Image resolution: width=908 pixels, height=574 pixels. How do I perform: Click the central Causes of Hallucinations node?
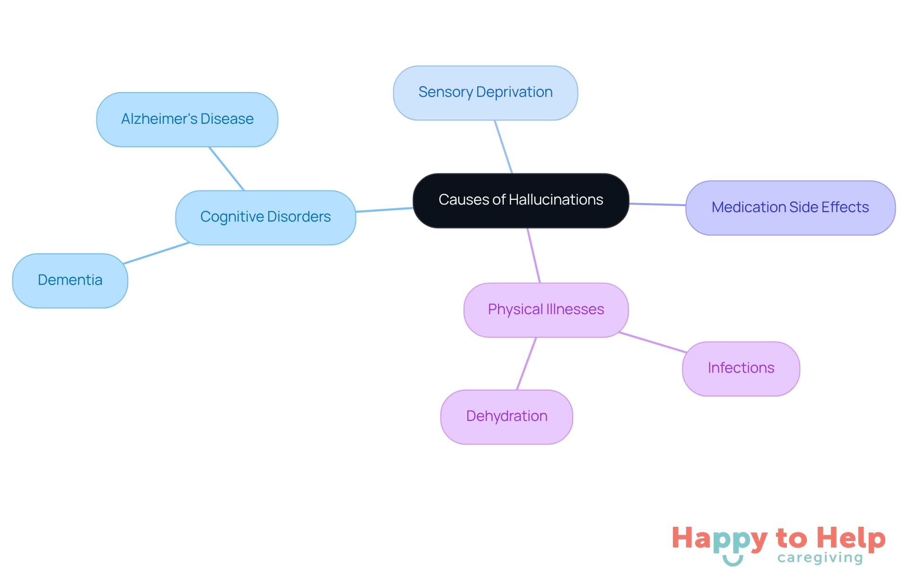click(x=521, y=200)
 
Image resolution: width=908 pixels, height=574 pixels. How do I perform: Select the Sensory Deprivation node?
click(x=485, y=93)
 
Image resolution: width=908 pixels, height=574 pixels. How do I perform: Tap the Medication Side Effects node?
click(x=790, y=207)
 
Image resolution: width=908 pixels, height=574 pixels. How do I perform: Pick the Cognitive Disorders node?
click(x=265, y=217)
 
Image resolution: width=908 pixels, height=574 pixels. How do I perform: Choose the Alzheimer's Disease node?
click(x=187, y=119)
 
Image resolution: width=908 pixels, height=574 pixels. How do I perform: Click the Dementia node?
click(x=70, y=280)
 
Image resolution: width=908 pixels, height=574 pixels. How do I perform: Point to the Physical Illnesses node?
click(x=546, y=310)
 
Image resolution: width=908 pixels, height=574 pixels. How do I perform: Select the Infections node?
click(x=741, y=368)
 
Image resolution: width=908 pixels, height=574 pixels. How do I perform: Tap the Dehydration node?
click(x=506, y=417)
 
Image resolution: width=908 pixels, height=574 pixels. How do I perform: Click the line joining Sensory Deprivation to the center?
click(x=503, y=146)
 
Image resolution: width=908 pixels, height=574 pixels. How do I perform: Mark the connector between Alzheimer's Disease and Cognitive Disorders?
click(x=227, y=169)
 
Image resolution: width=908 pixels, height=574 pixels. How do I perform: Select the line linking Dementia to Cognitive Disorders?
click(x=156, y=253)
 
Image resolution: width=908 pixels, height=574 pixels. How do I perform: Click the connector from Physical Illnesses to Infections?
click(x=653, y=343)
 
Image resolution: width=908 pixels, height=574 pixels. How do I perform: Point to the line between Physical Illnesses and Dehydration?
click(x=526, y=364)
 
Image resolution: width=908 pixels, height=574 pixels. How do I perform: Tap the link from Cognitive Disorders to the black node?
click(x=384, y=210)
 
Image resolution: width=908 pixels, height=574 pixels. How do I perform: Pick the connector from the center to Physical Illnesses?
click(x=534, y=256)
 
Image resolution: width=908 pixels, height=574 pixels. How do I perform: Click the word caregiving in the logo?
click(x=820, y=558)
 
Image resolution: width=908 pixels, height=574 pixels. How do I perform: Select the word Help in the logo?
click(x=851, y=538)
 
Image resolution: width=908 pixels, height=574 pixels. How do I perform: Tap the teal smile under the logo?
click(x=733, y=561)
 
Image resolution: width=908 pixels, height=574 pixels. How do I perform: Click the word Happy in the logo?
click(x=719, y=539)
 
